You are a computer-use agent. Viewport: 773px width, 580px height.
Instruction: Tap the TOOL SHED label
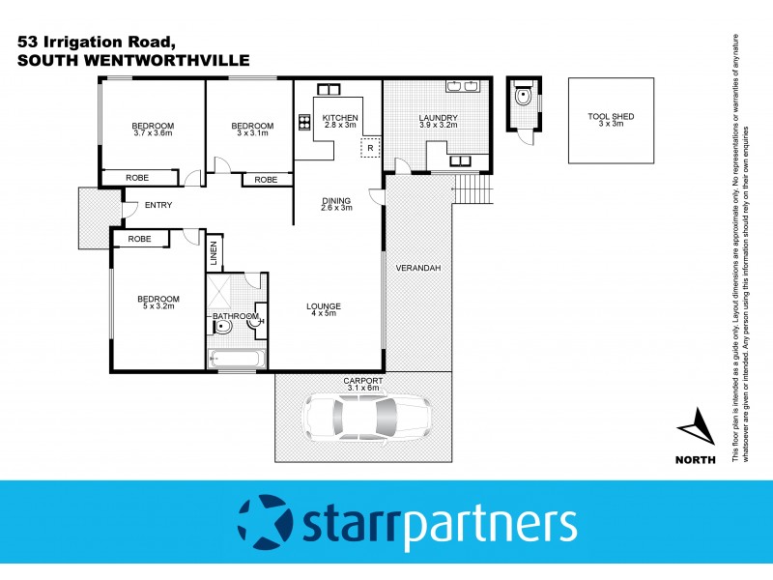(612, 120)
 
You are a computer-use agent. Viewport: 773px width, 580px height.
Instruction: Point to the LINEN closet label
(214, 253)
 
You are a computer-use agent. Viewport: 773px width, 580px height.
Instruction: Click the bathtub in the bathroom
(235, 360)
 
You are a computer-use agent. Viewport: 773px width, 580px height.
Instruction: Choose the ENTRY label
(158, 205)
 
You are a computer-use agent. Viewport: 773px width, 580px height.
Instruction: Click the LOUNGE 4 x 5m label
(326, 310)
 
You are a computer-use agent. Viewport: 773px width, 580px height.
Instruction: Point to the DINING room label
(336, 204)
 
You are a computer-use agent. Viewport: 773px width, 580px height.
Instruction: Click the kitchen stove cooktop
(302, 122)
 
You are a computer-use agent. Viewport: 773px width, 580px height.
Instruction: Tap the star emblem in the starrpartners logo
(263, 524)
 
